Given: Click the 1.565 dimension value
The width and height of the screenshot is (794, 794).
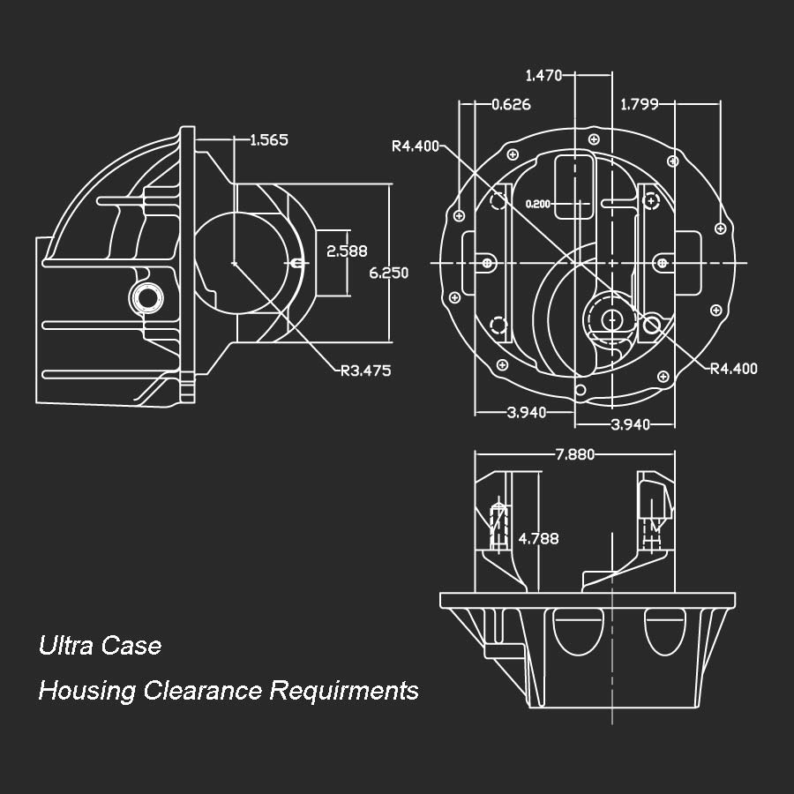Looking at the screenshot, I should tap(269, 139).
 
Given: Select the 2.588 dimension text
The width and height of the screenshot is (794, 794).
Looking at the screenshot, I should tap(347, 251).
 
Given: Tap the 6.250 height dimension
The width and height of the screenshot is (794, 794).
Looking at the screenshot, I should tap(388, 273).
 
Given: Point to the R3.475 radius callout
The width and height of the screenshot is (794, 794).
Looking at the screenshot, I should tap(365, 371).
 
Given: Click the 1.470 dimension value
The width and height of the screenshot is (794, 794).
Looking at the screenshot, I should tap(543, 76).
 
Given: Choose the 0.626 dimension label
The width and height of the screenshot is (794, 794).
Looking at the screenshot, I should tap(511, 105).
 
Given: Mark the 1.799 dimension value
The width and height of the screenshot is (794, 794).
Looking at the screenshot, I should tap(640, 105).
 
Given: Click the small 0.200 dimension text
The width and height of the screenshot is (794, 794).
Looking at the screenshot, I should tap(537, 205).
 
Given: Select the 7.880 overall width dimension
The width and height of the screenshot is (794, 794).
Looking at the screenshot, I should tap(575, 454).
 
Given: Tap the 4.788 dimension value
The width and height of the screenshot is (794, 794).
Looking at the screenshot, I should tap(538, 538).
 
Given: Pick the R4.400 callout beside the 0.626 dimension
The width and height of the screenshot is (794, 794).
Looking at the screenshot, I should tap(416, 146).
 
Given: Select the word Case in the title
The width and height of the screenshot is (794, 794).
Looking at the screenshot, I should tap(131, 646).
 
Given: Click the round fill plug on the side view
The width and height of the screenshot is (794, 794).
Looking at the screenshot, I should tap(146, 297).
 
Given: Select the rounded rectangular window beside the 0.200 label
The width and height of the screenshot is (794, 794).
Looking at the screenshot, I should tap(574, 184).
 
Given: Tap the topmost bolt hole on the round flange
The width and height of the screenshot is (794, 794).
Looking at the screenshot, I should tap(594, 140).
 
